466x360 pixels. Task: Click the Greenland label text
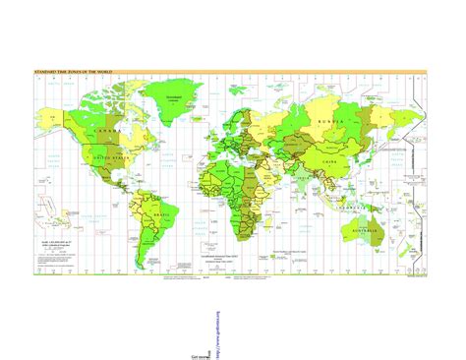click(x=173, y=97)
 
